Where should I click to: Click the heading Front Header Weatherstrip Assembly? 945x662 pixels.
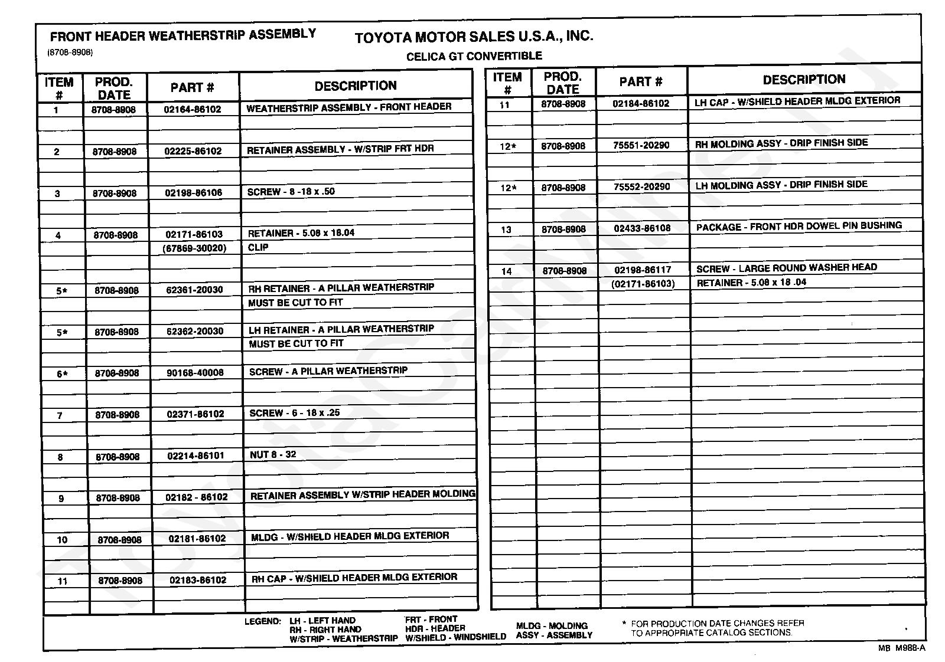[183, 35]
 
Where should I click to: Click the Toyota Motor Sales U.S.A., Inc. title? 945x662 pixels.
[474, 37]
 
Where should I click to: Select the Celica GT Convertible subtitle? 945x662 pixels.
[474, 56]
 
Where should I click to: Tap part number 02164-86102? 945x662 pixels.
[193, 109]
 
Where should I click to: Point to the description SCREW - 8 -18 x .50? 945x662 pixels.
[291, 192]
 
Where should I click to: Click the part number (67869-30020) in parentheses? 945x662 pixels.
[194, 248]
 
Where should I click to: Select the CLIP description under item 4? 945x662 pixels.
[258, 248]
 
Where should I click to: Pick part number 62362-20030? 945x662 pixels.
[195, 332]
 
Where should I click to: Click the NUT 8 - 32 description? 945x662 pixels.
[273, 454]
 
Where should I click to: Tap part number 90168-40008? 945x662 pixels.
[195, 373]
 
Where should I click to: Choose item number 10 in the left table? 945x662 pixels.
[62, 540]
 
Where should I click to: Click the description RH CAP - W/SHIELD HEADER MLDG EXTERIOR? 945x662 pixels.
[354, 578]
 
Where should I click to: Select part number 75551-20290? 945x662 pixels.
[641, 145]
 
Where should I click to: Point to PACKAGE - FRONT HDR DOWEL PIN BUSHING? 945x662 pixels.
[799, 227]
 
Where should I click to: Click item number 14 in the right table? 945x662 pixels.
[506, 271]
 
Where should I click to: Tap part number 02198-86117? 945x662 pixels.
[643, 270]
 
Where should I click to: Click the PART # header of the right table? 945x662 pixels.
[641, 82]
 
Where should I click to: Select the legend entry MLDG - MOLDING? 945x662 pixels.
[552, 626]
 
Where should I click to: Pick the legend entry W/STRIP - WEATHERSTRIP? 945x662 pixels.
[344, 639]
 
